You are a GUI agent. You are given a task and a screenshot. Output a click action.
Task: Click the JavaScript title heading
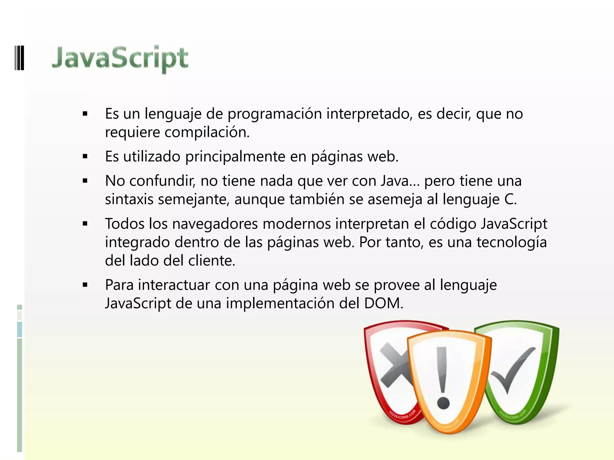click(x=120, y=58)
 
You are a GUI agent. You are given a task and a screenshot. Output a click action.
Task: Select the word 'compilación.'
click(x=207, y=132)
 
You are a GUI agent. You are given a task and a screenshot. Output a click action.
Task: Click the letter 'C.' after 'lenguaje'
click(x=510, y=199)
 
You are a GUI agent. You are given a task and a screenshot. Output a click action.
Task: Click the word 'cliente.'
click(x=212, y=261)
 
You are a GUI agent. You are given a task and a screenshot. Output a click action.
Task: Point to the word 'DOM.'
click(x=384, y=303)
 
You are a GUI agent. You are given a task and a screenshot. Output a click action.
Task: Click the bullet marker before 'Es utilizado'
click(x=85, y=156)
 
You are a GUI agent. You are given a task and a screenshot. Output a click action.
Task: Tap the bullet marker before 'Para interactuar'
click(x=85, y=285)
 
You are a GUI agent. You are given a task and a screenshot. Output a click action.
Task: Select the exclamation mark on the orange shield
click(x=443, y=377)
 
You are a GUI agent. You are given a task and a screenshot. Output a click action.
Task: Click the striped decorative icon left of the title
click(x=19, y=57)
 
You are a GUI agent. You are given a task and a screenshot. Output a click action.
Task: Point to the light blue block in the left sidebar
click(x=19, y=329)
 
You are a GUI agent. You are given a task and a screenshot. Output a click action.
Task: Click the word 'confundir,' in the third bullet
click(x=162, y=181)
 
